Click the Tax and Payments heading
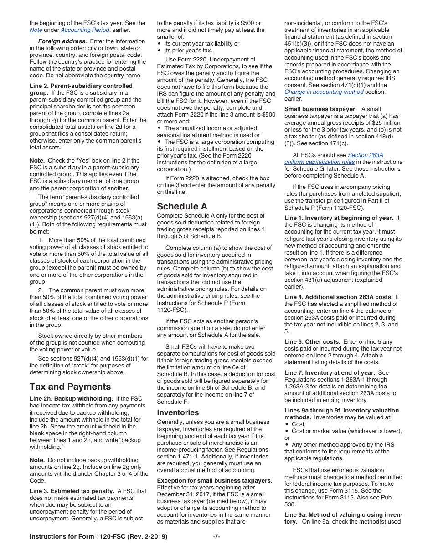point(70,387)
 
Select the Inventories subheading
point(178,412)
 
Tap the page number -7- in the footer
point(216,536)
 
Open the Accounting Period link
point(85,30)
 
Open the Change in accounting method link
point(324,92)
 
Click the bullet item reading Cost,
point(299,424)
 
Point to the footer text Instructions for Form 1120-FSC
point(98,536)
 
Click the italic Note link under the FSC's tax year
point(36,30)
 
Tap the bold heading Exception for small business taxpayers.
point(214,480)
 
